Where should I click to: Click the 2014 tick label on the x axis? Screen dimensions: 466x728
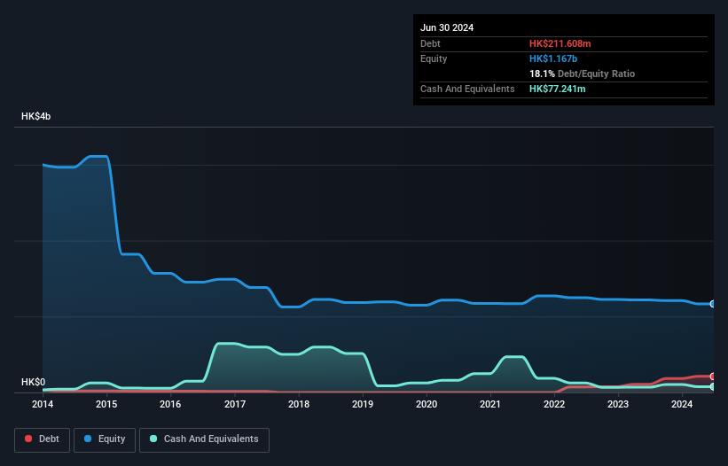tap(42, 405)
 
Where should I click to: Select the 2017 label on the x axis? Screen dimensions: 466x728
tap(234, 405)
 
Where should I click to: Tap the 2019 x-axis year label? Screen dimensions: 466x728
tap(362, 405)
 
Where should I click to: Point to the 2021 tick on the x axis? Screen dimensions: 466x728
tap(490, 405)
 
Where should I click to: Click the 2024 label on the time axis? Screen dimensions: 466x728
tap(682, 405)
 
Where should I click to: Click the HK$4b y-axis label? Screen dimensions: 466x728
tap(36, 117)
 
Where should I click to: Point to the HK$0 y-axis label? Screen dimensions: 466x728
tap(33, 382)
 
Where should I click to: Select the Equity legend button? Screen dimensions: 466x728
tap(105, 439)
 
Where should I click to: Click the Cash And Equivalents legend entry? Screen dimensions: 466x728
tap(204, 439)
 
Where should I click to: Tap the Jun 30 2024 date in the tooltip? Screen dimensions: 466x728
tap(447, 27)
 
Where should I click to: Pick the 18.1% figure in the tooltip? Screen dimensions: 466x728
tap(542, 74)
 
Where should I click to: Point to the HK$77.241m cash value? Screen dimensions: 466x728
tap(559, 89)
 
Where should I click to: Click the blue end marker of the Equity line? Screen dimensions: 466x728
tap(713, 304)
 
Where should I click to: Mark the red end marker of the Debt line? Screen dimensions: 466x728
tap(713, 377)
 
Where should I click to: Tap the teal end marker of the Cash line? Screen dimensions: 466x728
tap(713, 386)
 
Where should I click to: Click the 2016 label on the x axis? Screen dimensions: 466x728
tap(170, 405)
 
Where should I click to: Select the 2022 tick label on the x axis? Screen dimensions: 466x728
tap(554, 405)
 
